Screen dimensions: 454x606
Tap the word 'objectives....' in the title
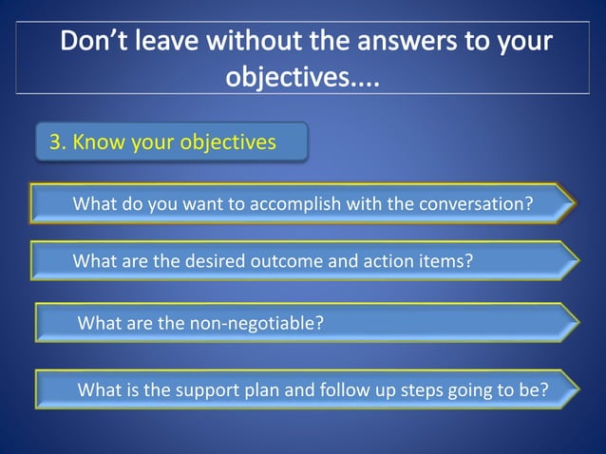302,76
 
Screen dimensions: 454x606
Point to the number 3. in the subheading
58,142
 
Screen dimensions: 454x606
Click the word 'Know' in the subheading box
96,142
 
